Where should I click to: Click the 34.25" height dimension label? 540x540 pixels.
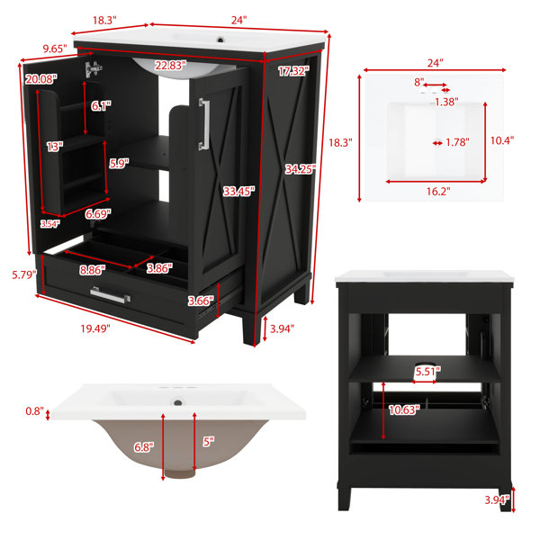tap(301, 169)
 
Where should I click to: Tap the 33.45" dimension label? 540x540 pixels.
tap(238, 191)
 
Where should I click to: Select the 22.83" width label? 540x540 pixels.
tap(170, 65)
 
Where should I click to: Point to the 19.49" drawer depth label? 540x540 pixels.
tap(95, 328)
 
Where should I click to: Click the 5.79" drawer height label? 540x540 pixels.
tap(24, 274)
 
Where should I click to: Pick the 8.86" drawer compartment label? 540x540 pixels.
tap(93, 270)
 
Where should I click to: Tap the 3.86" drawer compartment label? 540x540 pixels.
tap(159, 268)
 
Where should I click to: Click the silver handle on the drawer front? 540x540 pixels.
tap(110, 295)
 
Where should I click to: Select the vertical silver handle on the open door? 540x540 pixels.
tap(204, 124)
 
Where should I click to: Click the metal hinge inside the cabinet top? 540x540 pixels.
tap(94, 69)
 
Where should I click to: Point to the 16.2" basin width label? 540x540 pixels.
tap(438, 191)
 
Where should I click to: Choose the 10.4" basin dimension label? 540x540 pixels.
tap(502, 140)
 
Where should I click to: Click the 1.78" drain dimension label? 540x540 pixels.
tap(457, 142)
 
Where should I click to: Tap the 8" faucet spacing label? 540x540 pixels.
tap(418, 82)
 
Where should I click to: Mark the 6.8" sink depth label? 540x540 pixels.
tap(144, 447)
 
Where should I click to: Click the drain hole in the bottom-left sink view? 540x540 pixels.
tap(178, 402)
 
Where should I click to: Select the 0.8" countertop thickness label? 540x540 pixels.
tap(35, 411)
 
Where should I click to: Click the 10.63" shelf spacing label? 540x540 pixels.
tap(404, 409)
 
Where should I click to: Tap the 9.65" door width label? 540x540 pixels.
tap(55, 49)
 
